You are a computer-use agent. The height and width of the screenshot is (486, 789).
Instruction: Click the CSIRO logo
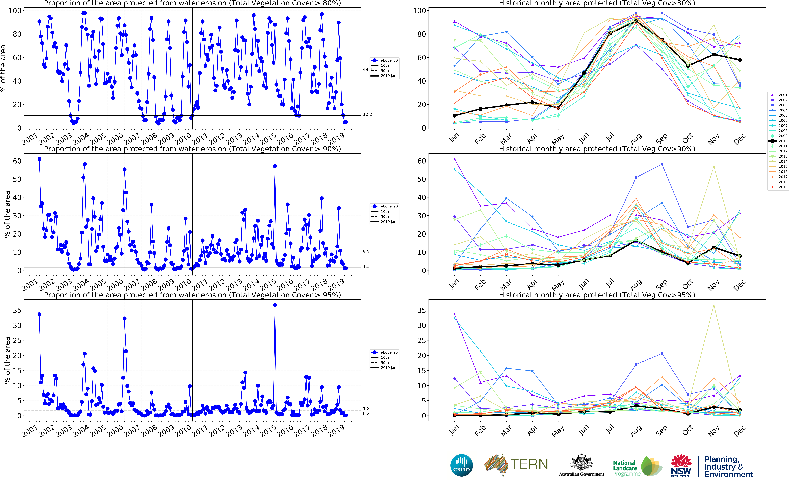[x=462, y=465]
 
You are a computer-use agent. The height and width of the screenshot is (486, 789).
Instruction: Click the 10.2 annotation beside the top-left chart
[x=367, y=114]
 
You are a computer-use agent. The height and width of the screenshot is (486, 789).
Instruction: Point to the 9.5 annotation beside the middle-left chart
[x=366, y=252]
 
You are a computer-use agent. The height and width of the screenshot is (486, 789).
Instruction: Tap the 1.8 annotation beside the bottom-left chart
[x=366, y=409]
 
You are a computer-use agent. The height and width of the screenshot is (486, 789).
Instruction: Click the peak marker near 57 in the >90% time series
[x=275, y=166]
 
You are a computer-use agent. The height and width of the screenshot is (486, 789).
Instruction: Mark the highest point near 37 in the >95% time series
[x=275, y=305]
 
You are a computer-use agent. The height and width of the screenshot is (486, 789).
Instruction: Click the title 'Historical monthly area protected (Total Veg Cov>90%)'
[x=597, y=149]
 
